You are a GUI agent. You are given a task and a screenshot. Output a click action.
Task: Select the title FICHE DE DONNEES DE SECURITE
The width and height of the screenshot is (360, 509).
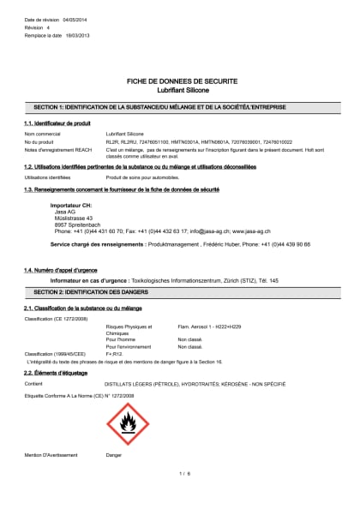(x=180, y=81)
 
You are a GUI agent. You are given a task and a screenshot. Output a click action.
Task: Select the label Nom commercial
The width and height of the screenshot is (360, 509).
(x=42, y=135)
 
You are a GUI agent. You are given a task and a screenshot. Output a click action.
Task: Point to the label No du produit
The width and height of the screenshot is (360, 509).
(x=39, y=141)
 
